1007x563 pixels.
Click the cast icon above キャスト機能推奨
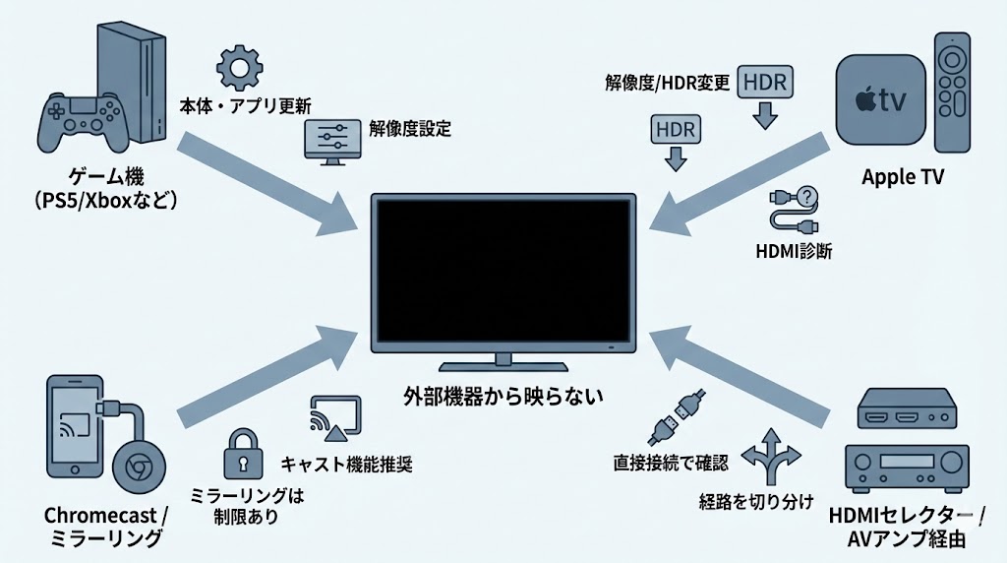335,418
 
